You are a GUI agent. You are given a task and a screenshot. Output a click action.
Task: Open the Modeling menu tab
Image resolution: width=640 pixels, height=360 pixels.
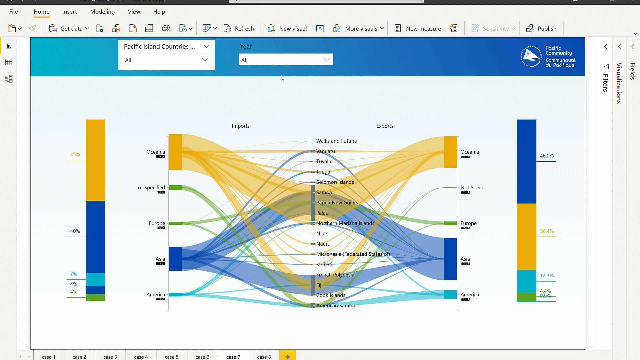click(x=102, y=12)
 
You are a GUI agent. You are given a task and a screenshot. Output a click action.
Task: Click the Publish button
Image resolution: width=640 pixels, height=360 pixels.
click(x=541, y=29)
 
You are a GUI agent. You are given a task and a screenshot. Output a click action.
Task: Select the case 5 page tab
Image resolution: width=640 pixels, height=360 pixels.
click(x=172, y=357)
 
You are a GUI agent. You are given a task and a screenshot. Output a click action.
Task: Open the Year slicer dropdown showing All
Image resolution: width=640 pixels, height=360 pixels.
click(x=285, y=60)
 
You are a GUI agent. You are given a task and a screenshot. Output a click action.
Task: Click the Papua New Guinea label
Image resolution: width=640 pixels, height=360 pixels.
click(x=338, y=203)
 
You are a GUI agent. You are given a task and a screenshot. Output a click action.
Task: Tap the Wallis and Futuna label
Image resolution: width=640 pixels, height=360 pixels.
click(x=336, y=141)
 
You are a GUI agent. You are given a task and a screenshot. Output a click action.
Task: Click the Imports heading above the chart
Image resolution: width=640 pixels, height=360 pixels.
click(x=241, y=126)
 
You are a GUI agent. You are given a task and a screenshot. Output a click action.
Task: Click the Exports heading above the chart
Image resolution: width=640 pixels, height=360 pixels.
click(x=385, y=126)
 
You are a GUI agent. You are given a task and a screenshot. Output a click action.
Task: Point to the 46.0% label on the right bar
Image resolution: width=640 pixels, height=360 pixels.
click(x=547, y=156)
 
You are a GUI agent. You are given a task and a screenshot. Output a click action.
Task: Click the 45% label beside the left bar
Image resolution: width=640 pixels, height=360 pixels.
click(x=75, y=154)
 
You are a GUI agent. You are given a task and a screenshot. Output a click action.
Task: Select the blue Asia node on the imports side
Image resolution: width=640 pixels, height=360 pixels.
click(x=175, y=259)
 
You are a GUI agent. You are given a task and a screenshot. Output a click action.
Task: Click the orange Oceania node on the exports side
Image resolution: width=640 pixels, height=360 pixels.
click(x=450, y=152)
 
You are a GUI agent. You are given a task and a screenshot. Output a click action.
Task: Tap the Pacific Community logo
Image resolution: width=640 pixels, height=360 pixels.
click(x=548, y=57)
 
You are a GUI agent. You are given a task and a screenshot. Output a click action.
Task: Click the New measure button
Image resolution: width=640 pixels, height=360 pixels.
click(x=418, y=29)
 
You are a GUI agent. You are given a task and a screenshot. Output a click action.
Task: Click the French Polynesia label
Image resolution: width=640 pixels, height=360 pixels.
click(x=335, y=275)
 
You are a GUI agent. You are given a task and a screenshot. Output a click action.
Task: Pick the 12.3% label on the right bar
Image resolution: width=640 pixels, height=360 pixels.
click(x=547, y=276)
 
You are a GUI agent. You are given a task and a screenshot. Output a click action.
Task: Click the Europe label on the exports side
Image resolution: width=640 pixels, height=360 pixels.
click(x=468, y=223)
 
